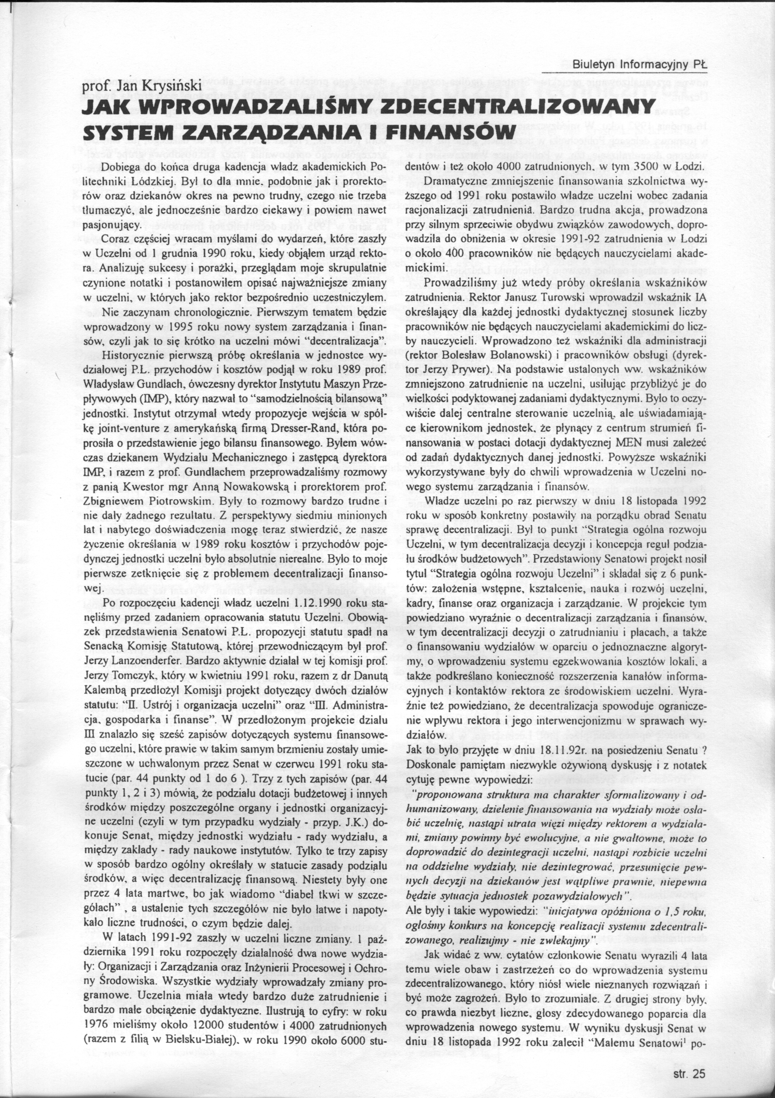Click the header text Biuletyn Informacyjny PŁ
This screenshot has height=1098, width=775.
[x=639, y=64]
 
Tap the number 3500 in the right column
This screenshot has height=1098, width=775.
[x=648, y=167]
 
